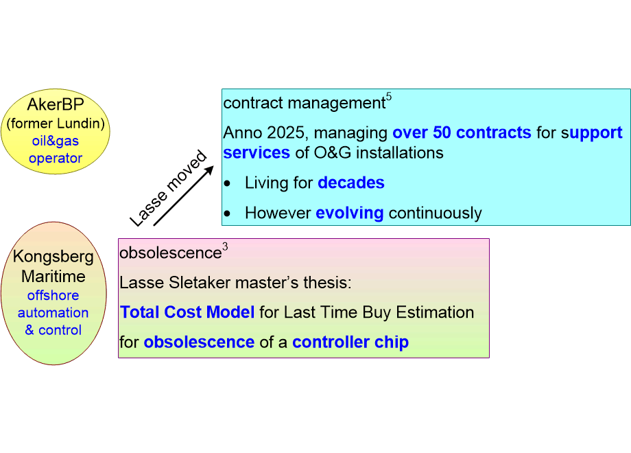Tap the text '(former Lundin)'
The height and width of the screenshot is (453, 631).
tap(55, 124)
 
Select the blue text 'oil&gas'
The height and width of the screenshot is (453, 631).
tap(55, 141)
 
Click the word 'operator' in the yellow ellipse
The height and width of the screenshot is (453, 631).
tap(55, 159)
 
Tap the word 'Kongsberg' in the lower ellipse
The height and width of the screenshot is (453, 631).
tap(53, 257)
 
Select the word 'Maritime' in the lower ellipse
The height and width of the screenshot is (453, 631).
tap(53, 277)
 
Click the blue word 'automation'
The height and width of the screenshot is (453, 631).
tap(53, 313)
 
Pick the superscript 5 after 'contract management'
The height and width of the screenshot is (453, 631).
tap(389, 97)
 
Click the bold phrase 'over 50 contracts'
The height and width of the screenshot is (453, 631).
tap(462, 132)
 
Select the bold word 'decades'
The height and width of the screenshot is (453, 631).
tap(350, 183)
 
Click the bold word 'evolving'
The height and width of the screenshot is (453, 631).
tap(349, 213)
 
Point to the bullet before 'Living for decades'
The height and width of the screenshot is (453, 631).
tap(228, 183)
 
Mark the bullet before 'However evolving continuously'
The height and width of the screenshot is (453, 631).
tap(228, 213)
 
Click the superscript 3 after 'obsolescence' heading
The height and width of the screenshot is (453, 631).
tap(225, 247)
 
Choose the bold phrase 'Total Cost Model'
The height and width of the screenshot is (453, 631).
tap(187, 312)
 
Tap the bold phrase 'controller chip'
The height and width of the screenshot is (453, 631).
tap(350, 342)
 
